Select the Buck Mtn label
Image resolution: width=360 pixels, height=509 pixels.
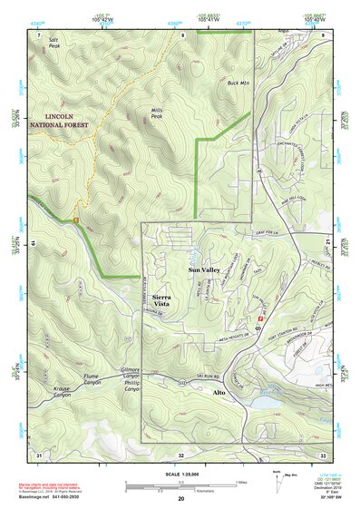[238, 83]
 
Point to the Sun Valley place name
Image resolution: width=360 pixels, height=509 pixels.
[206, 270]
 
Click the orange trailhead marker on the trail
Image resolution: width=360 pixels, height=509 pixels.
[76, 218]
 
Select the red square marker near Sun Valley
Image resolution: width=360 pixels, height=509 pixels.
[261, 319]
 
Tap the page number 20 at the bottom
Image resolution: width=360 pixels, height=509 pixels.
[181, 499]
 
